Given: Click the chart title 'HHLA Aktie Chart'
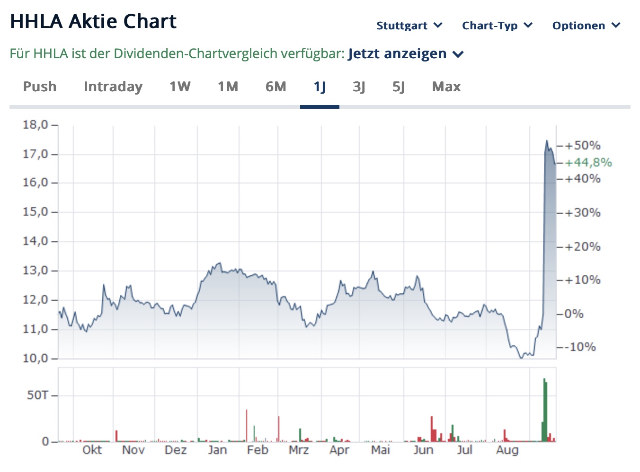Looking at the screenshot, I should tap(93, 22).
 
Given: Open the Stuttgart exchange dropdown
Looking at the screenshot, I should tap(409, 26).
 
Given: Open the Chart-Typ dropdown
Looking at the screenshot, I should tap(497, 26).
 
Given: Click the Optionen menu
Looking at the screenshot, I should tap(586, 26).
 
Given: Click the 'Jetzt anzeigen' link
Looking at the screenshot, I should tap(405, 54).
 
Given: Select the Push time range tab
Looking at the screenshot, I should tap(40, 87).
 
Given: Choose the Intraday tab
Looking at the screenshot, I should tap(113, 87).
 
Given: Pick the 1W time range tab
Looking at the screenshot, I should tap(180, 87).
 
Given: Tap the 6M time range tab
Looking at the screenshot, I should tap(276, 87).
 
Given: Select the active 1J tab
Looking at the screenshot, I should tap(320, 87).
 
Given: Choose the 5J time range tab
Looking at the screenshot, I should tap(398, 87).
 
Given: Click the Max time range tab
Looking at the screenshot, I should tap(446, 87).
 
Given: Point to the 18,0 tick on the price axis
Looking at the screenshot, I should tap(36, 125).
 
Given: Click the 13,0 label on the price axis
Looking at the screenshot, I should tap(36, 271).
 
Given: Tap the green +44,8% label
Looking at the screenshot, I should tap(588, 163).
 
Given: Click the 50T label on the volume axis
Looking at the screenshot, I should tap(38, 395).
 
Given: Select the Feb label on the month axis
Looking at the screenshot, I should tap(258, 450).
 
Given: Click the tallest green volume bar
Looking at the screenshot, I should tap(545, 409).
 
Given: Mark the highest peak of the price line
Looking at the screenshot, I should tap(547, 140).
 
